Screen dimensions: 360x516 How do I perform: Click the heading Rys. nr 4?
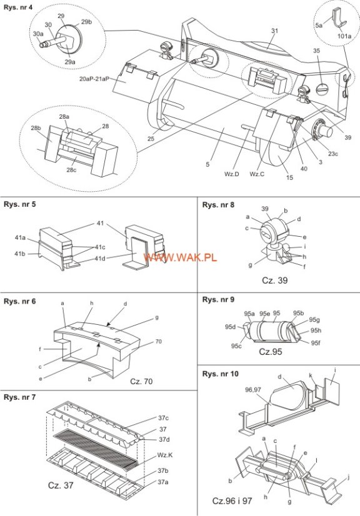[x=18, y=7]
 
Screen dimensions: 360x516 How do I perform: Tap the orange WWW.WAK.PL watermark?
[x=180, y=257]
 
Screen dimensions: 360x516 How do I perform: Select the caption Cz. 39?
[x=275, y=280]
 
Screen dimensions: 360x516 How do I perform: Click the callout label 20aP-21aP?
[x=94, y=79]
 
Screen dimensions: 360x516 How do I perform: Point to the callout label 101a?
[x=344, y=36]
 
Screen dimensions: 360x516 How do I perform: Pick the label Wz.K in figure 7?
[x=164, y=455]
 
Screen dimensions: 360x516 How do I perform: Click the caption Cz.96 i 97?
[x=232, y=501]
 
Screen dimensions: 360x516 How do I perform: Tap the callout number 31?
[x=275, y=31]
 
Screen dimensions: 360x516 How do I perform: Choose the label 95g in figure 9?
[x=314, y=320]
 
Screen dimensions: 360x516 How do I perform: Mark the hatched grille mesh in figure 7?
[x=96, y=444]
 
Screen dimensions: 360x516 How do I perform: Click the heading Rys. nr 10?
[x=221, y=374]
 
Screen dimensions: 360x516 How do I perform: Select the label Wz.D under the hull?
[x=231, y=174]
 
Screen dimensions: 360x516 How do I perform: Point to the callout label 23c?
[x=332, y=153]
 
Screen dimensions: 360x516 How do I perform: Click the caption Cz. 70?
[x=141, y=382]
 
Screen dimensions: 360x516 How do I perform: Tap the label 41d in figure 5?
[x=100, y=259]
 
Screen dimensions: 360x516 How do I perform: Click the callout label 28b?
[x=36, y=128]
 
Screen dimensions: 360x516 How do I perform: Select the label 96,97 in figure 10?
[x=253, y=390]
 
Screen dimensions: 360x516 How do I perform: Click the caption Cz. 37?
[x=61, y=485]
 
